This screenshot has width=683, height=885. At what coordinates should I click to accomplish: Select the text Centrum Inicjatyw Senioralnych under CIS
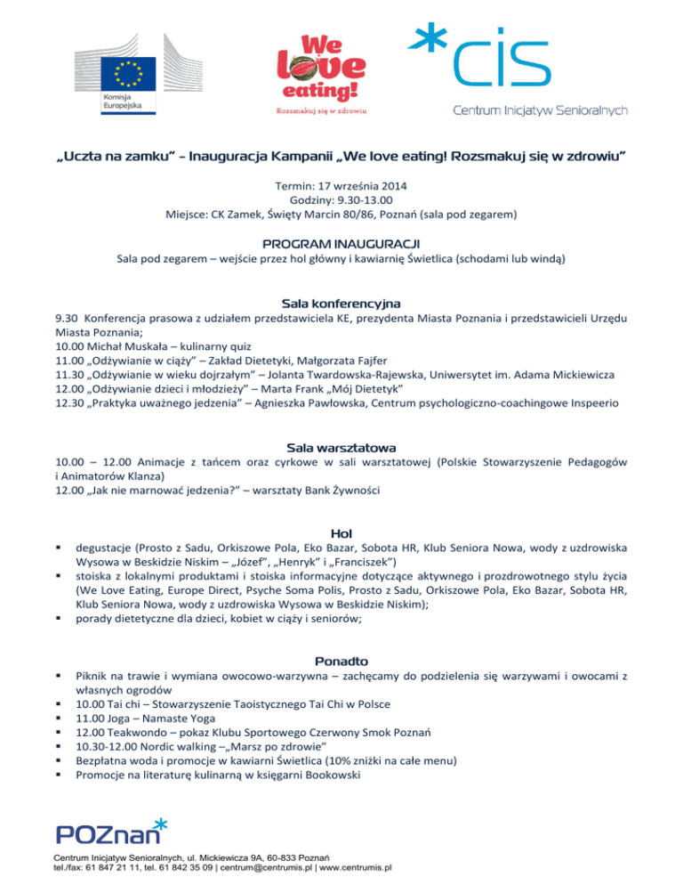click(541, 110)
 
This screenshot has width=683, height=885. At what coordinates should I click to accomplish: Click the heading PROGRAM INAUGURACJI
click(341, 242)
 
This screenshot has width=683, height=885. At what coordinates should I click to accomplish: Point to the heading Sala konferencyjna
click(341, 304)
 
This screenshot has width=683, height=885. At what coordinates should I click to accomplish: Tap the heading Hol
click(341, 532)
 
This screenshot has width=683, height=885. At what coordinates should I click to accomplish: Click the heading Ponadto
click(341, 661)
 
